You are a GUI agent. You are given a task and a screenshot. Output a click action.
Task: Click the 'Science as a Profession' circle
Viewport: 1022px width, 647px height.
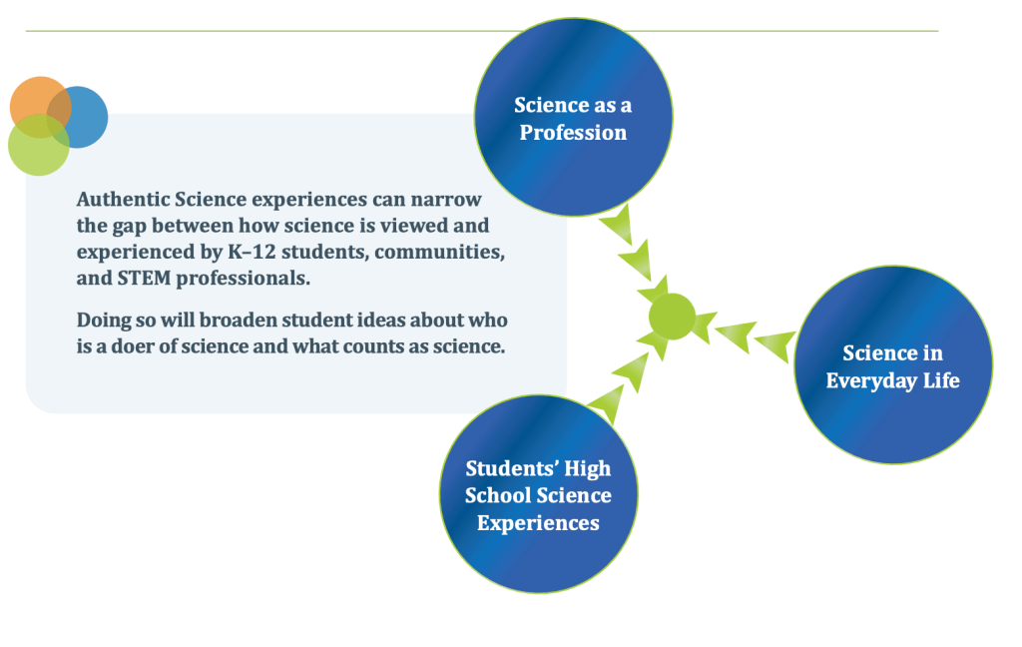[573, 117]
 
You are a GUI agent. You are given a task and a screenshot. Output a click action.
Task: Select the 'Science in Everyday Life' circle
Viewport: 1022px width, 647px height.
[893, 364]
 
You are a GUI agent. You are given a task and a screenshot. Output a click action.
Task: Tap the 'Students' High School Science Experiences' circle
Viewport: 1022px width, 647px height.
[538, 493]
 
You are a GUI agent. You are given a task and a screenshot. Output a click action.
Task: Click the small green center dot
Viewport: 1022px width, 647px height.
[672, 317]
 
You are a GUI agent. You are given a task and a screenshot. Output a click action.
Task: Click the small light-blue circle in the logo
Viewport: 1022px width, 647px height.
[77, 118]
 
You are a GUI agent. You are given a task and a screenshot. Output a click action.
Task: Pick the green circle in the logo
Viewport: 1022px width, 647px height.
[39, 145]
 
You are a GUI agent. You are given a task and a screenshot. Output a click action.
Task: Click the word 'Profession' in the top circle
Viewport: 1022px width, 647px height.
[573, 133]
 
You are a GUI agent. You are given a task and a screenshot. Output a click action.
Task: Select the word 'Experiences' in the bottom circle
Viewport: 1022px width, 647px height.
[538, 523]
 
